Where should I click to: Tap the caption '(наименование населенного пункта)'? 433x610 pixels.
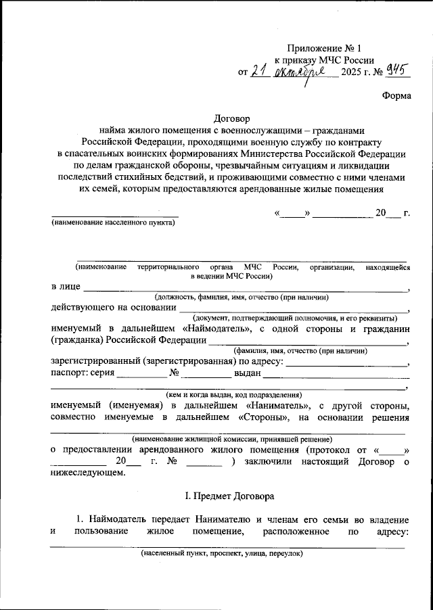point(113,222)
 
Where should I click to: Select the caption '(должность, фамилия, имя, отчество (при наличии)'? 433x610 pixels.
point(242,297)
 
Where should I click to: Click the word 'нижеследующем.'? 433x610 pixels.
point(88,472)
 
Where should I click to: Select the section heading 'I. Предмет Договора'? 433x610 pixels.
point(231,496)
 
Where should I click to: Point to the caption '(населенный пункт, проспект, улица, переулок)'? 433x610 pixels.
point(222,553)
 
